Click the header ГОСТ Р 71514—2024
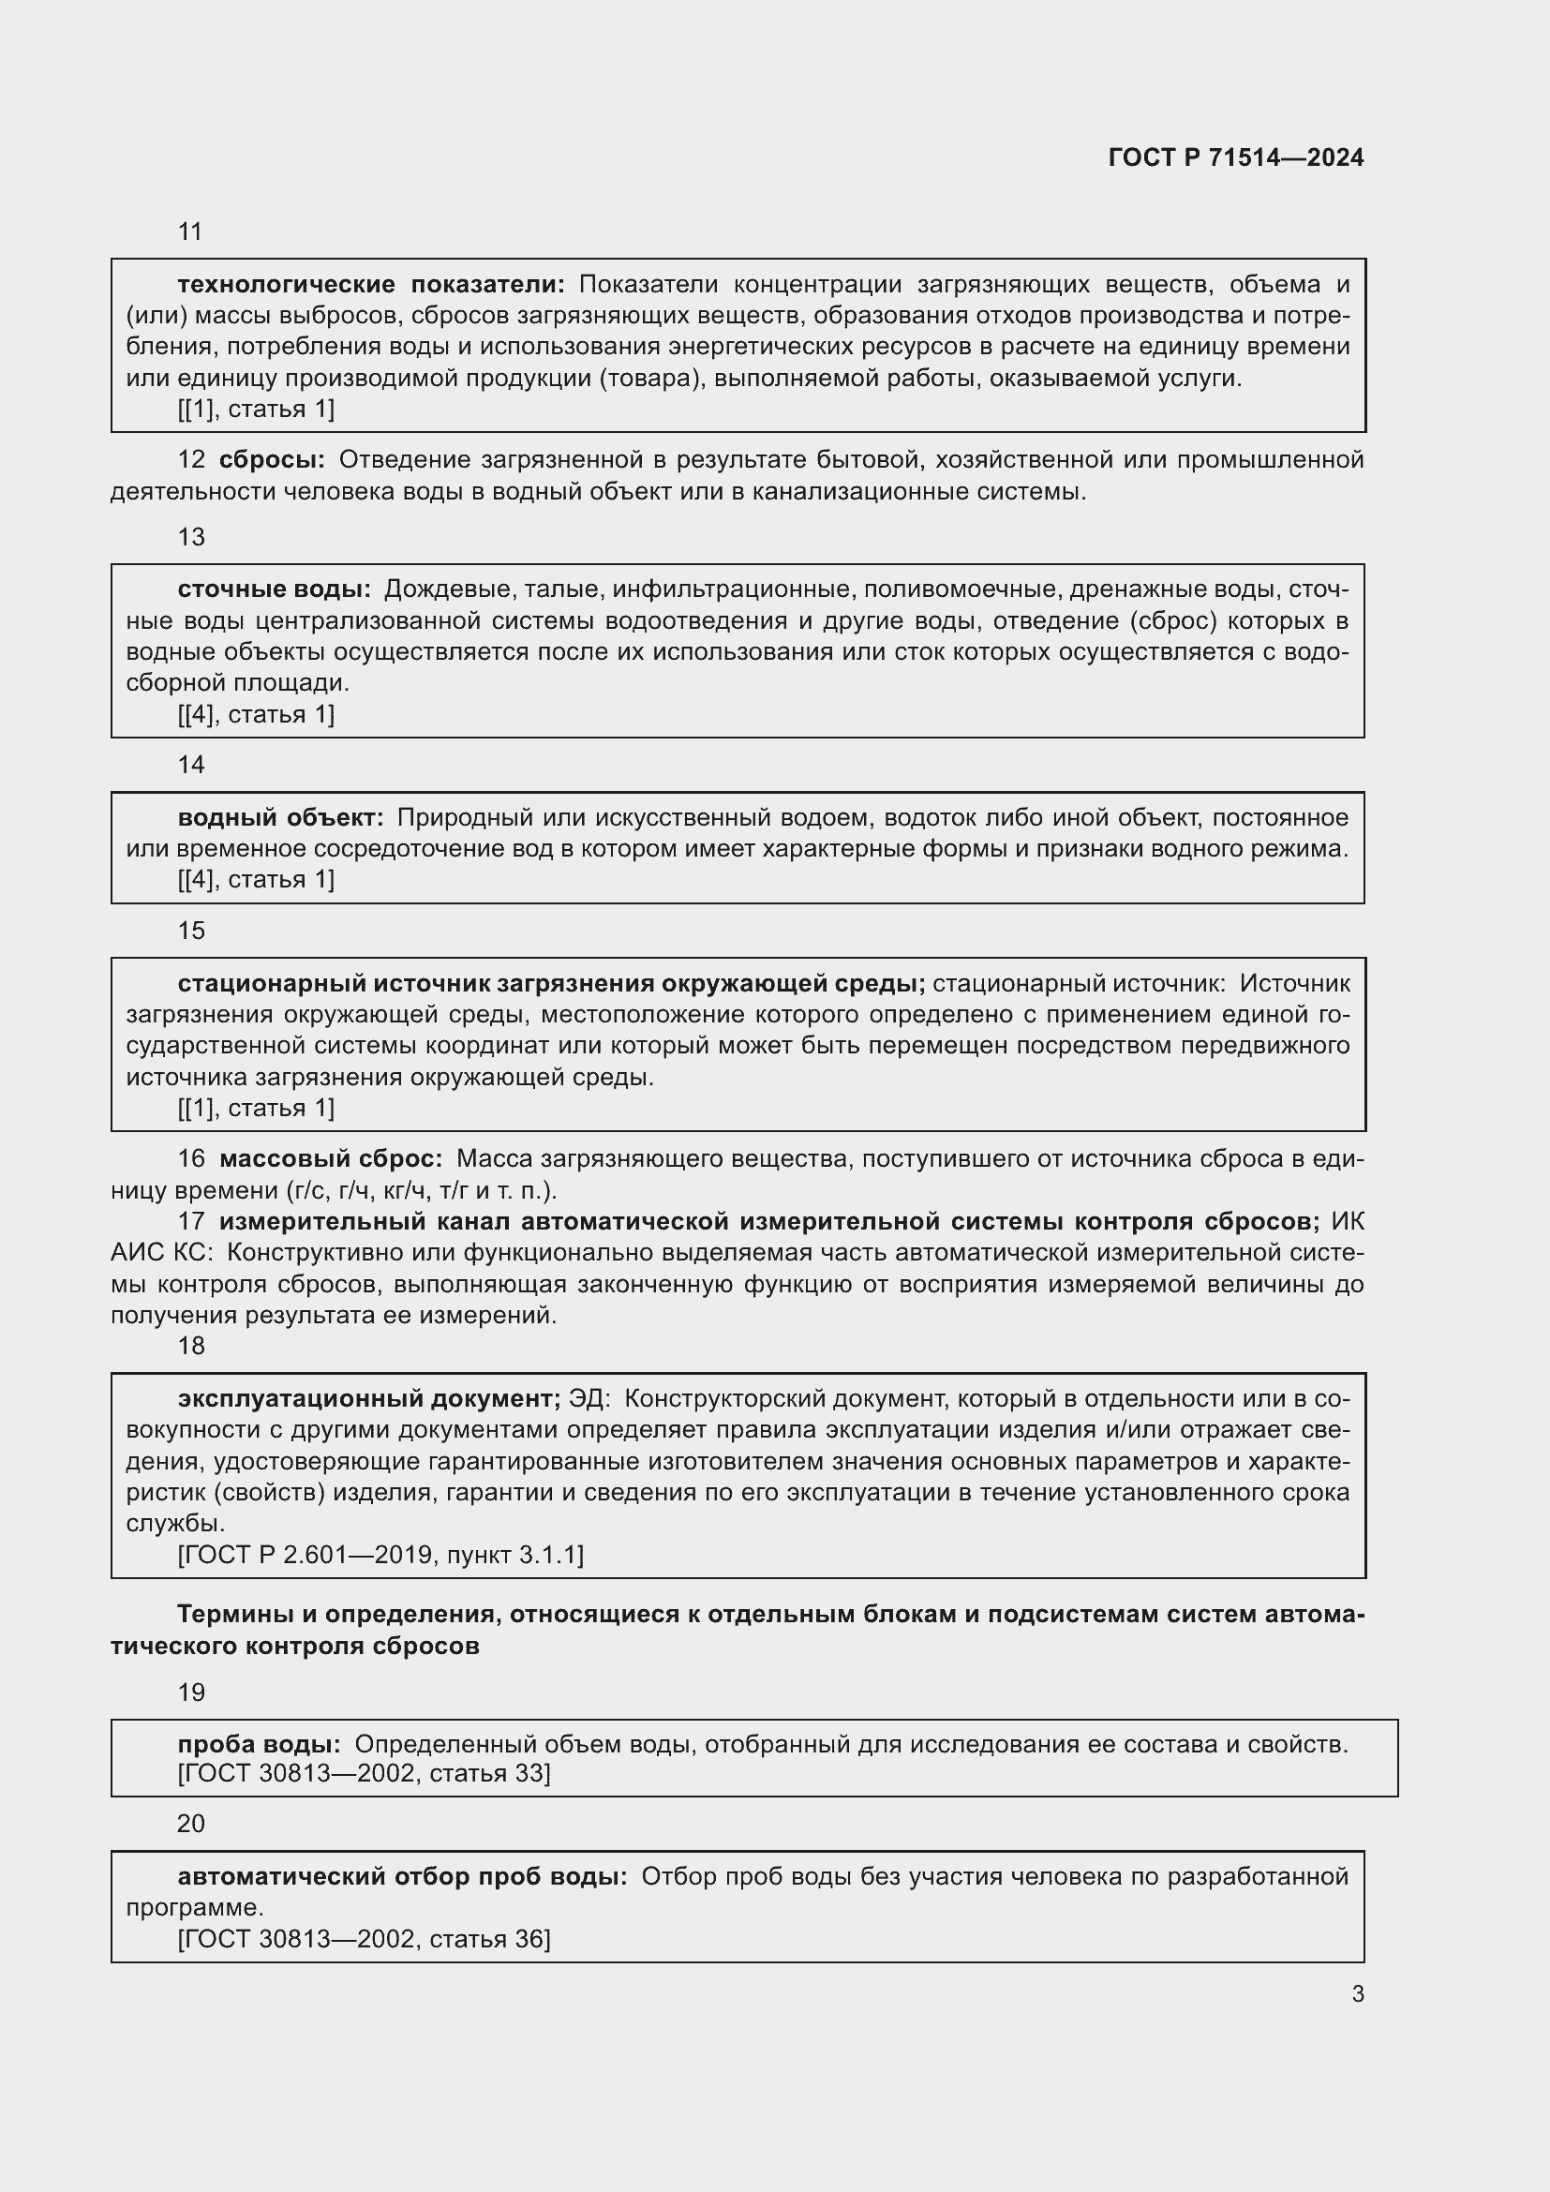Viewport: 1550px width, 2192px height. [1235, 157]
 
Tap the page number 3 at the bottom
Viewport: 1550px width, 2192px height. [1357, 1994]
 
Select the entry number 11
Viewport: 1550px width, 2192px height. [190, 232]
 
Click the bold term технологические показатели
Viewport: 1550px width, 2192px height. [370, 285]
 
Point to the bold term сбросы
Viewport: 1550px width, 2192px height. [271, 460]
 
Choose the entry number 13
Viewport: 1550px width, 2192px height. [191, 538]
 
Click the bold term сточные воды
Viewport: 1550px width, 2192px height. [274, 590]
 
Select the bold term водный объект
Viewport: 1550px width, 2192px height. [280, 817]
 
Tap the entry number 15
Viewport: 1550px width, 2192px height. [191, 931]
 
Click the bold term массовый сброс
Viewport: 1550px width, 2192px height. [330, 1159]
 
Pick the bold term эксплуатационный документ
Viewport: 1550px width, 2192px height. [368, 1398]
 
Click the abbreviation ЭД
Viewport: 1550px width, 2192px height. [587, 1398]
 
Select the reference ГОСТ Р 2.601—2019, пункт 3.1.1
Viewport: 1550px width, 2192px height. [380, 1556]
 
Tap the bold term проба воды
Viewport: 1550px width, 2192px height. [259, 1744]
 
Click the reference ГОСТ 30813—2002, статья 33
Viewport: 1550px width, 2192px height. [364, 1774]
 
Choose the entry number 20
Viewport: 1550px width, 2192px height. [191, 1824]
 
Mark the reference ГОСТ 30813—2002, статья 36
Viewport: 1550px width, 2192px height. [364, 1939]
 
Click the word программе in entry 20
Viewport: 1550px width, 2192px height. [194, 1907]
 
